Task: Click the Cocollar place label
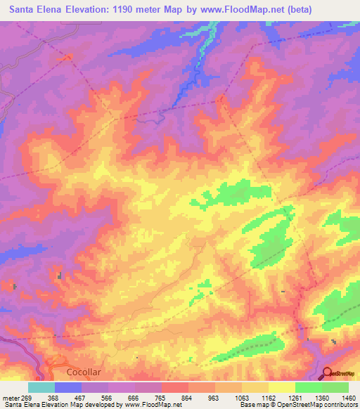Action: pyautogui.click(x=84, y=371)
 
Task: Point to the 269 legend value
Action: pyautogui.click(x=27, y=398)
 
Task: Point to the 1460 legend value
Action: pyautogui.click(x=349, y=398)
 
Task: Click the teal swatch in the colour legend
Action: pyautogui.click(x=41, y=387)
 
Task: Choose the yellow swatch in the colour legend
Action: pyautogui.click(x=282, y=387)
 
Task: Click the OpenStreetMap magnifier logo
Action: pyautogui.click(x=328, y=374)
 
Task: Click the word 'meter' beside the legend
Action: pyautogui.click(x=9, y=398)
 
